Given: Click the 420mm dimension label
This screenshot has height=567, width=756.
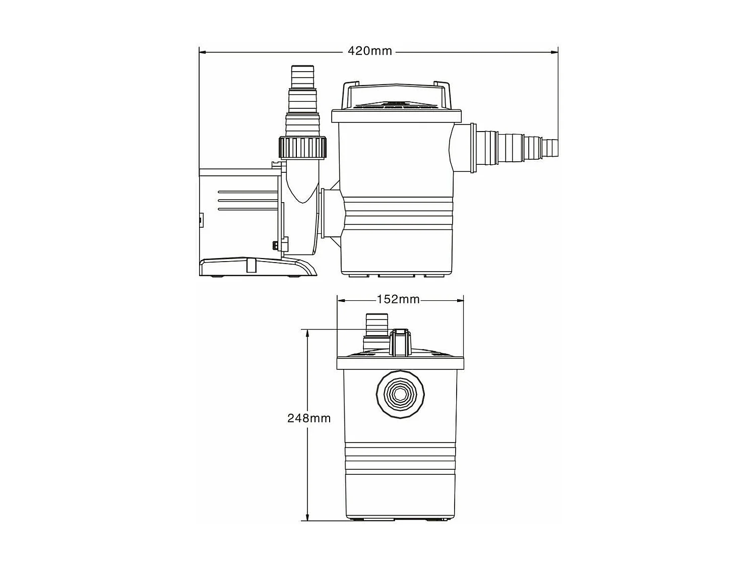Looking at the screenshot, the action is [369, 51].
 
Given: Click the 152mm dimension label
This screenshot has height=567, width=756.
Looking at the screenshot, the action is [398, 299].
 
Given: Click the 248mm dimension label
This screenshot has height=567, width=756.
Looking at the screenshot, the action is [309, 418].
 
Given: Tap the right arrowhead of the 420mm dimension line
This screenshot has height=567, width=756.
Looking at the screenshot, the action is [554, 52].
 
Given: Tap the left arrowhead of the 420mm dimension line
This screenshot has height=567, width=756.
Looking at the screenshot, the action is [203, 52].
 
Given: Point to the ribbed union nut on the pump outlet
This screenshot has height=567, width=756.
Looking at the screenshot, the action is [302, 148].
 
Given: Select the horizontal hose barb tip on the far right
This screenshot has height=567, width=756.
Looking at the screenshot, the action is [550, 147].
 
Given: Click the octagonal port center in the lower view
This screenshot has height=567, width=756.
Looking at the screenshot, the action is [400, 395].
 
